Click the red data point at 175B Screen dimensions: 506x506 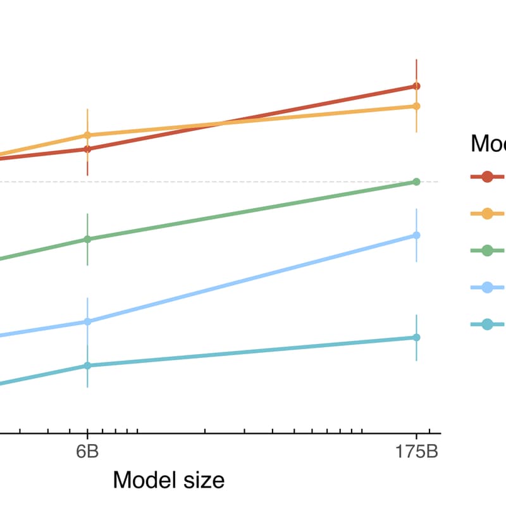click(416, 86)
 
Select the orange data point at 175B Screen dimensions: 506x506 click(416, 106)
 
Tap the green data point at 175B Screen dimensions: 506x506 click(416, 182)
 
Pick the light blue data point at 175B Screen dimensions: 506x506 click(416, 235)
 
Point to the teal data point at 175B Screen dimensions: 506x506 click(416, 337)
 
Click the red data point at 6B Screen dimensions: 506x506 click(87, 149)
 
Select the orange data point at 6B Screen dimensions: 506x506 click(87, 135)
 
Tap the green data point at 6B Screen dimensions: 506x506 click(87, 239)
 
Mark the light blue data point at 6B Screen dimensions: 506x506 click(87, 321)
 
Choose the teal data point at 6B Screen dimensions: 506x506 click(87, 366)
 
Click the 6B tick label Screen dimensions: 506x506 click(87, 453)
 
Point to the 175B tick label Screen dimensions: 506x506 click(416, 453)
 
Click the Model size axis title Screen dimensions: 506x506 click(168, 480)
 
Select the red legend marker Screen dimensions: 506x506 click(488, 176)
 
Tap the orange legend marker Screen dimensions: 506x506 click(488, 214)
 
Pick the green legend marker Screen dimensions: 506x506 click(488, 250)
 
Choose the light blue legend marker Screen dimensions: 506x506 click(488, 288)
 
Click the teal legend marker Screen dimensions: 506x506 click(488, 324)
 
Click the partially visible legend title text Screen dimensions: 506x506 click(488, 144)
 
